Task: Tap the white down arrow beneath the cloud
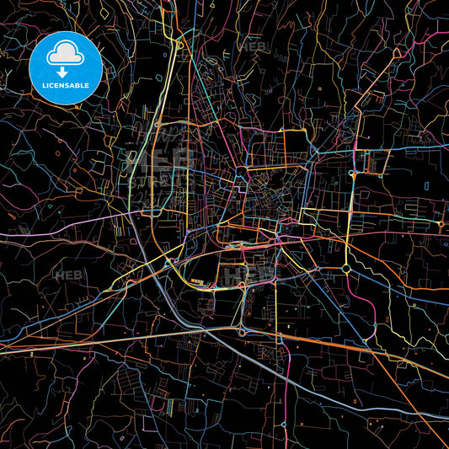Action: click(63, 72)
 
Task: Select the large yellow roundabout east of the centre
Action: click(346, 269)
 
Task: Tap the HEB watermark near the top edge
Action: click(252, 47)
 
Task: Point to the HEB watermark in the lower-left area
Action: click(66, 275)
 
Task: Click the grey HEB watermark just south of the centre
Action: click(238, 275)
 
